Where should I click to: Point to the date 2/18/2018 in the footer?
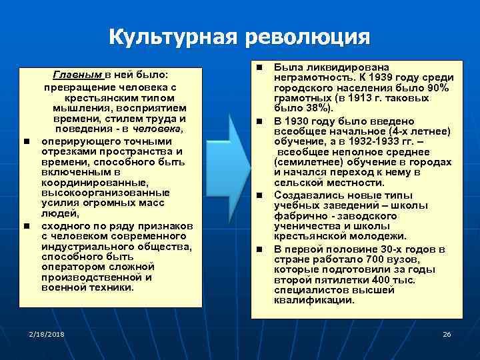coord(47,333)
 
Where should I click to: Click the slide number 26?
coord(447,333)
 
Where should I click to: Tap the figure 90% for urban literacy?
coord(440,87)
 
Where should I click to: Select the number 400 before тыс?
coord(382,279)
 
